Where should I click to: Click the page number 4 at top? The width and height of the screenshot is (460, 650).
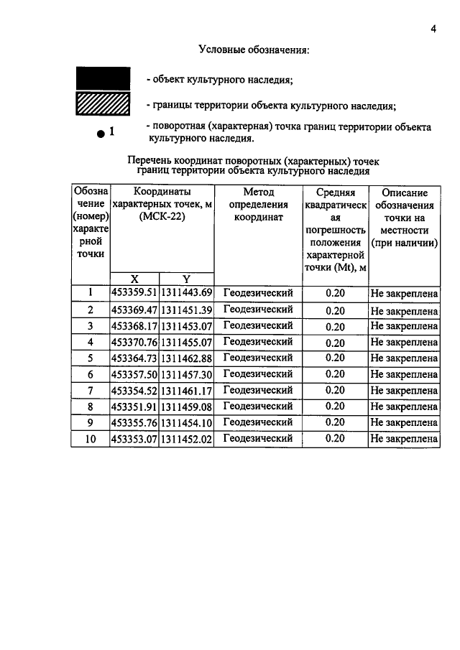[433, 29]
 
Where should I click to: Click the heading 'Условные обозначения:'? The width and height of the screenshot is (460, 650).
[254, 50]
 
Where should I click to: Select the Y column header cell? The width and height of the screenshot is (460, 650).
[186, 279]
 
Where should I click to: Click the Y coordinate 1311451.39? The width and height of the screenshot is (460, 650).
[186, 310]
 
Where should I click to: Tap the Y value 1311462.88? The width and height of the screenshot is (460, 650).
[186, 358]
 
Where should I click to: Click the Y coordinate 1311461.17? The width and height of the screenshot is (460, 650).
[186, 391]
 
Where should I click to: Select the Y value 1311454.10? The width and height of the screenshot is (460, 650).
[186, 423]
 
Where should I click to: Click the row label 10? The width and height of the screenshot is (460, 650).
[91, 439]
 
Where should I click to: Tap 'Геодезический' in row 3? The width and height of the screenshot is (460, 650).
[258, 325]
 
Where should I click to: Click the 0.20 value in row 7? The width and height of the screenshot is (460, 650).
[335, 391]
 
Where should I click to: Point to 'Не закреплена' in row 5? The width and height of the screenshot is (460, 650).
[404, 358]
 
